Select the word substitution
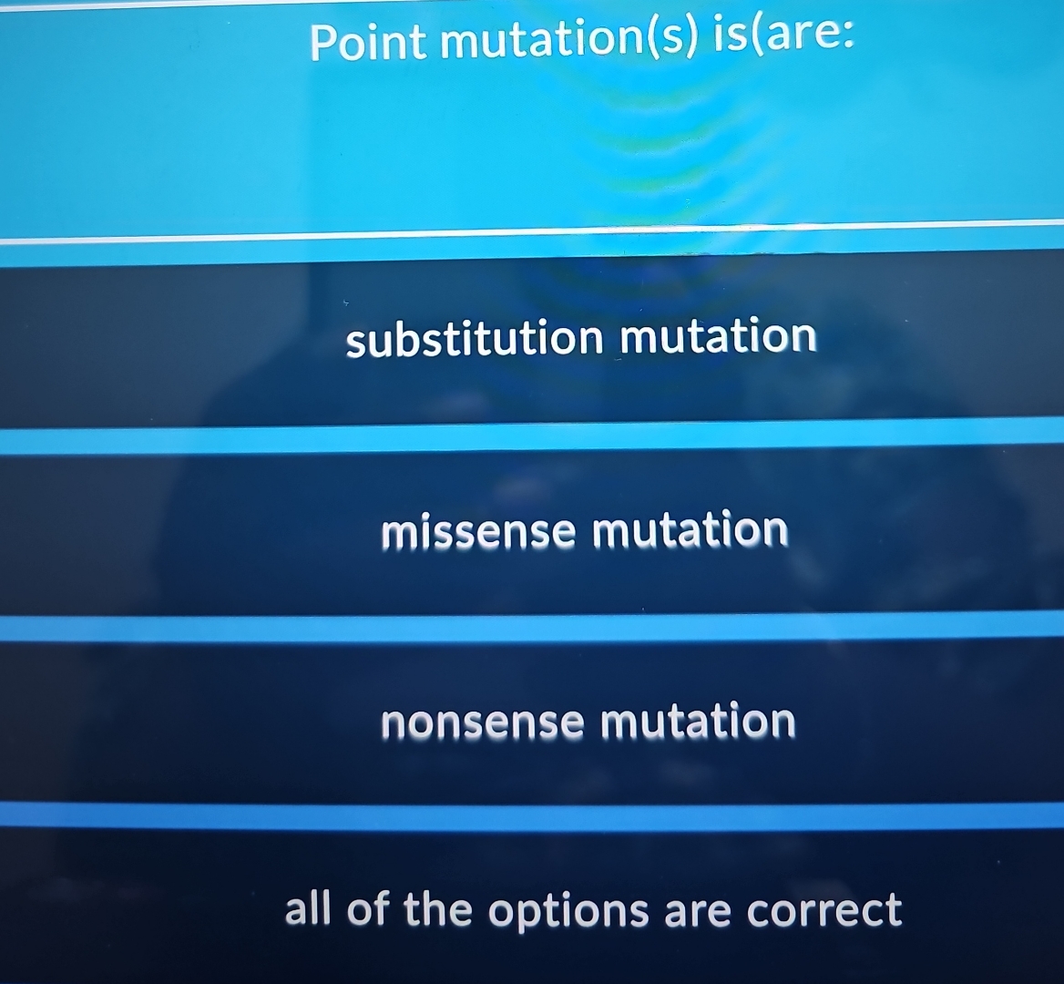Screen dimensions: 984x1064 click(474, 340)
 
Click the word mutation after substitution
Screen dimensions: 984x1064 click(719, 337)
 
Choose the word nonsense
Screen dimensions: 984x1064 click(482, 723)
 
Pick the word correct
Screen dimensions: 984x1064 click(824, 909)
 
